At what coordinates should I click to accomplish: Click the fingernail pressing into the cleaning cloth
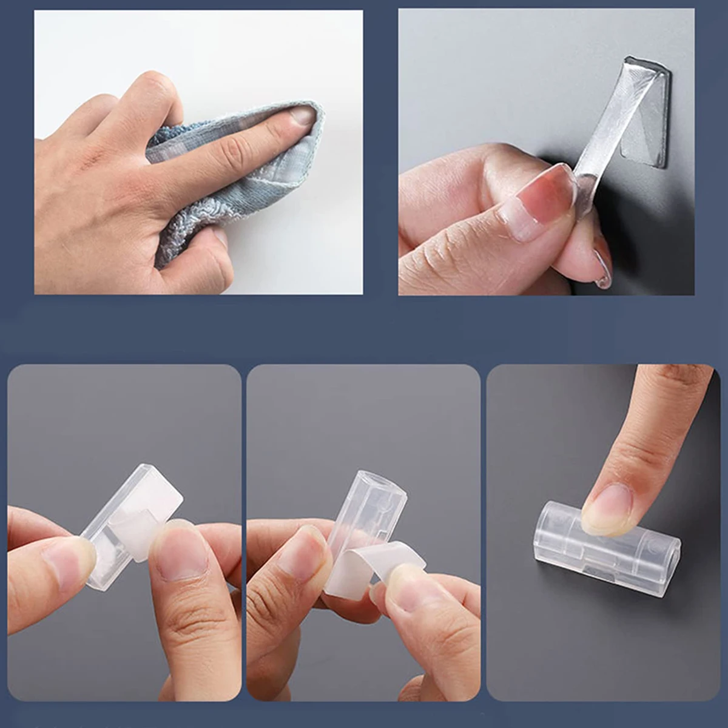pyautogui.click(x=302, y=115)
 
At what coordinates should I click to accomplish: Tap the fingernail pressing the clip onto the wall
pyautogui.click(x=607, y=510)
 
